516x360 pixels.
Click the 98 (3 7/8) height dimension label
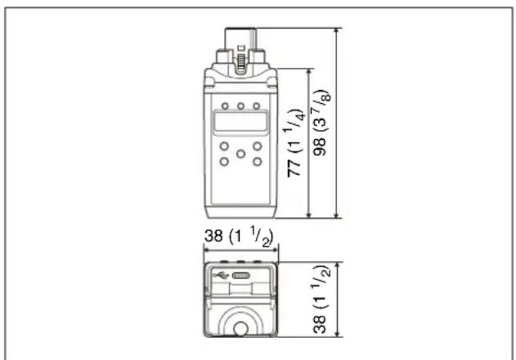pos(322,122)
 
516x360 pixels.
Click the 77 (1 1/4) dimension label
pos(294,143)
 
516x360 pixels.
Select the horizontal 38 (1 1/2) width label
pos(239,236)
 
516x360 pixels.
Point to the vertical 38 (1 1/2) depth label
pos(321,299)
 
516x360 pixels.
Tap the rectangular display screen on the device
pos(240,122)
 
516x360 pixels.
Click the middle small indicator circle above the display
pos(241,106)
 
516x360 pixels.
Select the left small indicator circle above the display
pos(225,106)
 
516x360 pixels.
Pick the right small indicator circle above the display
pos(256,106)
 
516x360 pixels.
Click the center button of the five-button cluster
pos(241,154)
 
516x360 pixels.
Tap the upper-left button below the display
pos(224,146)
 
